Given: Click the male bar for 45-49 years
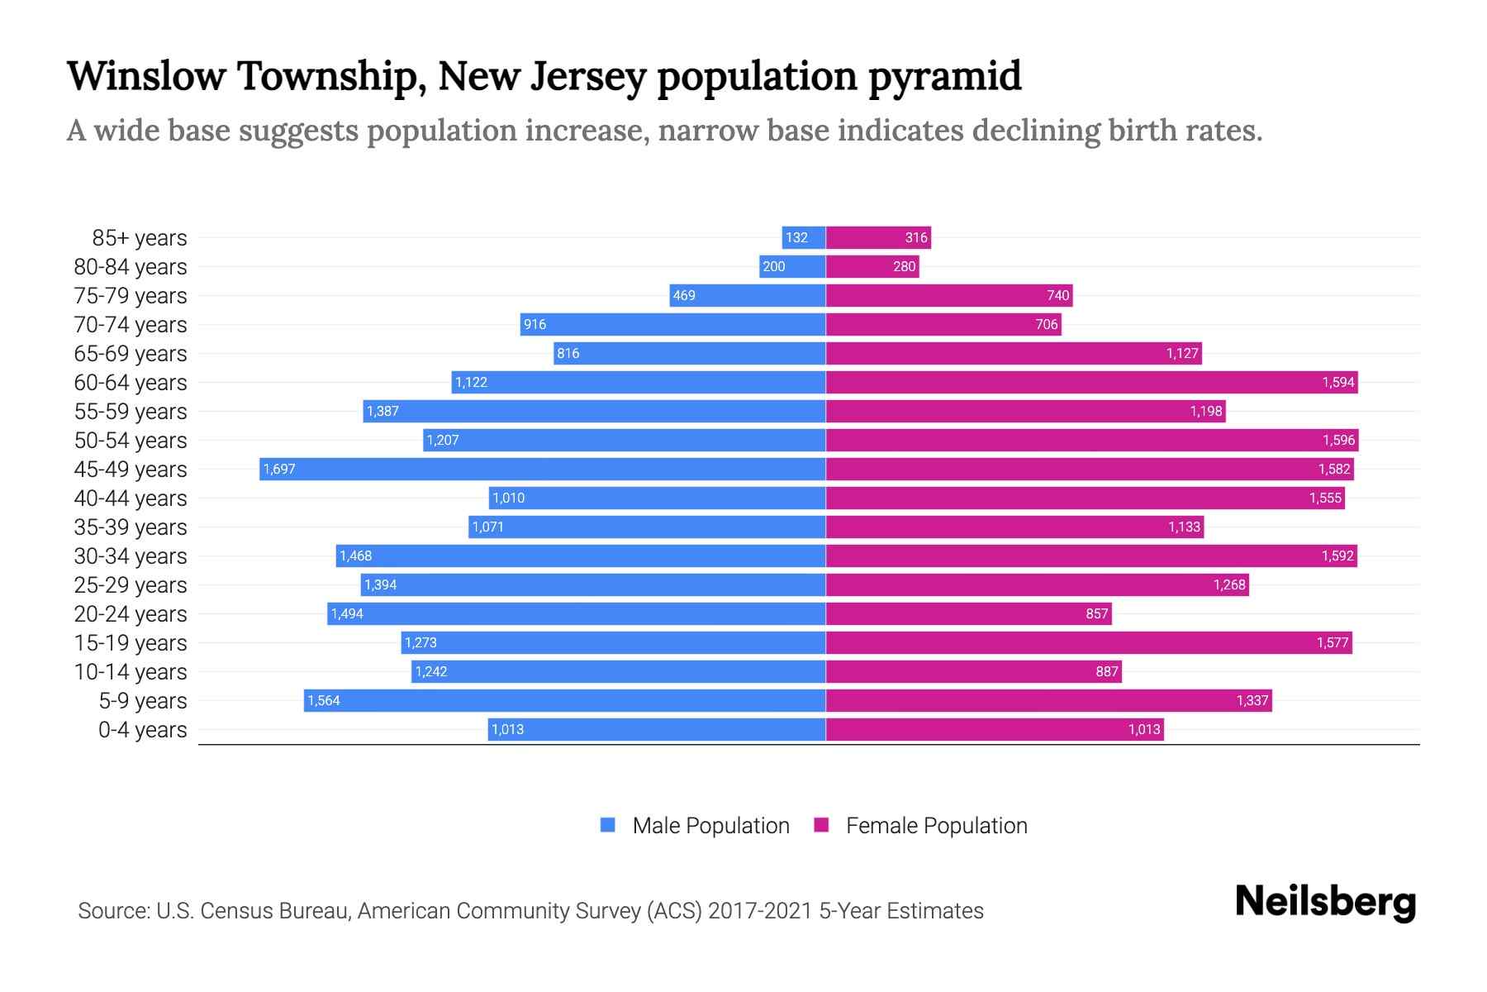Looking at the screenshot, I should coord(542,469).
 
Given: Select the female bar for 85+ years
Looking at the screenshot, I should coord(878,237).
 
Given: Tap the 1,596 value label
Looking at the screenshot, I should coord(1338,440).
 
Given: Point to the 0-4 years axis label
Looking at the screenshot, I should coord(142,729).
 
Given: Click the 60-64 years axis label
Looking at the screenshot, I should coord(131,382).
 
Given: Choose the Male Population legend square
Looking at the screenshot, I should coord(608,825).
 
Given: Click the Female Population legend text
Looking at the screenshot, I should coord(936,825).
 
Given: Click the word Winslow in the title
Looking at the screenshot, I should coord(146,76).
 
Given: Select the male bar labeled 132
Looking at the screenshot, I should coord(804,237).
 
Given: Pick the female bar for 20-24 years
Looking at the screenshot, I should coord(968,613).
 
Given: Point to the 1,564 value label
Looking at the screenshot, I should coord(324,700).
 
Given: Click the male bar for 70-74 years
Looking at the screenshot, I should coord(672,324).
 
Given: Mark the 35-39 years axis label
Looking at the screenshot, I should coord(131,527).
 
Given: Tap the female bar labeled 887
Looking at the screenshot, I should coord(973,671).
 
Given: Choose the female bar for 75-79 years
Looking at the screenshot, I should coord(948,295).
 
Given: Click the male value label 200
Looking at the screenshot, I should coord(774,266).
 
